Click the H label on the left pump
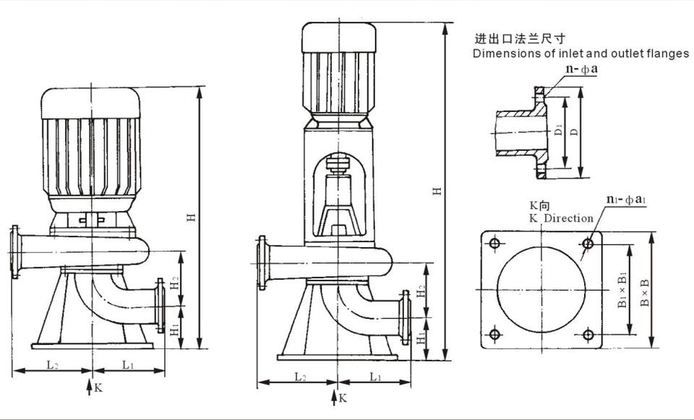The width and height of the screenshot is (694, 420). tap(191, 218)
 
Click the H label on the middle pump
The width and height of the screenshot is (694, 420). tap(437, 191)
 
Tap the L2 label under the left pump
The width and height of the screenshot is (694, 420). tap(52, 365)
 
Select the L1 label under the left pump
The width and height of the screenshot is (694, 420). tap(128, 365)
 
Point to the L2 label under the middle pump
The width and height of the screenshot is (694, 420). tap(300, 377)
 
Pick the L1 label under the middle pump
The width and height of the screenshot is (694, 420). tap(375, 377)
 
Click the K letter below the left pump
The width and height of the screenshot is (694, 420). tap(98, 387)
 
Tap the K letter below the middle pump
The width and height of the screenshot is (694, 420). tap(343, 398)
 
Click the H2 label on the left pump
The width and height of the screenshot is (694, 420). tap(175, 283)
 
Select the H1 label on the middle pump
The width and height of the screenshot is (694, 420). tap(421, 338)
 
